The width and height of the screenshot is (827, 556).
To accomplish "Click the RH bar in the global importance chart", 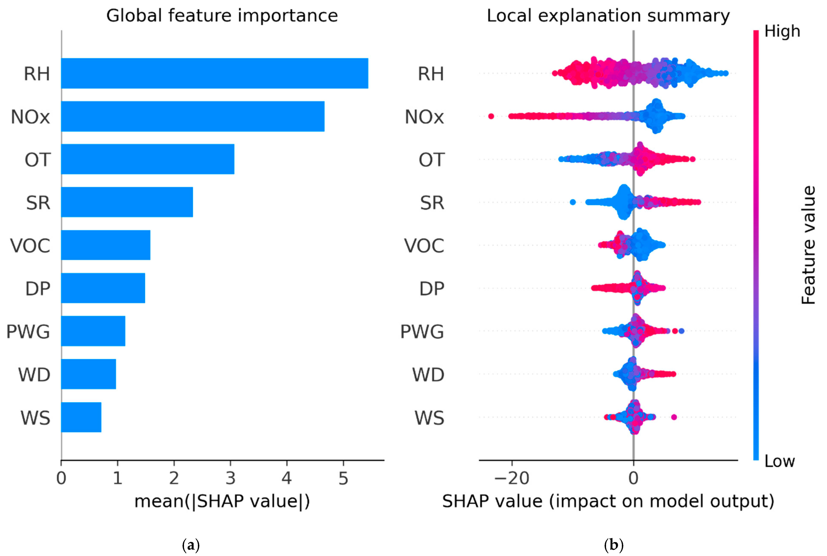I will (x=214, y=73).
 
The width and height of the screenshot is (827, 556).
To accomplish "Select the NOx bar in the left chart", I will (x=192, y=116).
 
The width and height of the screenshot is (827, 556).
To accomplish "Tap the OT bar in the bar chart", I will (x=147, y=159).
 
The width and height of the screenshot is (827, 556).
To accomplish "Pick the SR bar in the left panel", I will (x=127, y=202).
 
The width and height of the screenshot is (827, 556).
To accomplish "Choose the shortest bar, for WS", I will (x=81, y=417).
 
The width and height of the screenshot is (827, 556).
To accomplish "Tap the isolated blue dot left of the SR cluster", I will (x=572, y=202).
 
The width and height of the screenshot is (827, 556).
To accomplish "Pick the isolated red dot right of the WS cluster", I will (x=674, y=417).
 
